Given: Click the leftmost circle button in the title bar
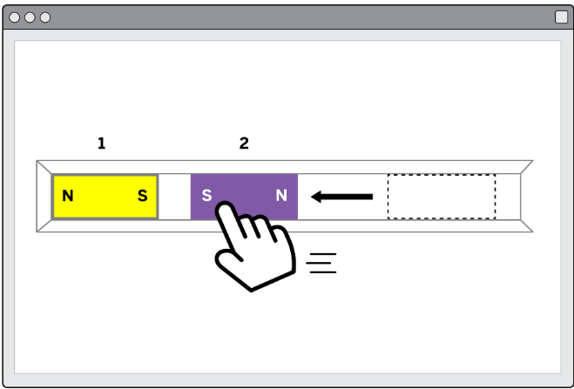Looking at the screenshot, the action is [x=14, y=17].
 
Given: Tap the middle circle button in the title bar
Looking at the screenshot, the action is [x=30, y=17].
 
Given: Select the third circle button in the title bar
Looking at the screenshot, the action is [x=45, y=17].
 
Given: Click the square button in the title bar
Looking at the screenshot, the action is [x=561, y=17].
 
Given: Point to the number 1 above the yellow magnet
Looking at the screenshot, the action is [x=102, y=144].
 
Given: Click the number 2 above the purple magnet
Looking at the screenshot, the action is [x=244, y=144].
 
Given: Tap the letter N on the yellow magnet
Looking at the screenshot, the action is [x=68, y=196].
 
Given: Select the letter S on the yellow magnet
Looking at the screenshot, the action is [x=143, y=196].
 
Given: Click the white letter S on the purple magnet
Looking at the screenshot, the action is [x=206, y=196].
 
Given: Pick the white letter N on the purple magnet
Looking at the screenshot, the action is [x=281, y=196].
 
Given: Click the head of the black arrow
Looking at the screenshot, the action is [x=316, y=197].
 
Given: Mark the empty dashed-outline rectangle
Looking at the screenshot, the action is [x=442, y=197].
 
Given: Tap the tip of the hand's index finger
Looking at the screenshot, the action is [x=225, y=205].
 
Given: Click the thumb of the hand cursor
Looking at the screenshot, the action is [x=227, y=255].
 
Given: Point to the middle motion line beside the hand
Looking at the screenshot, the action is [x=319, y=263].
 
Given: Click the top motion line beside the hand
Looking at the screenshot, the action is [x=323, y=254].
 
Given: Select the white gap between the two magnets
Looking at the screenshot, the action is [x=174, y=197].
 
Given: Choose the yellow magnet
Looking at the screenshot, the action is [x=105, y=197].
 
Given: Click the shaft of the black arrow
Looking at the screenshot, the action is [x=347, y=197].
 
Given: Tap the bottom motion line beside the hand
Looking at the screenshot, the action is [x=323, y=272].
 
